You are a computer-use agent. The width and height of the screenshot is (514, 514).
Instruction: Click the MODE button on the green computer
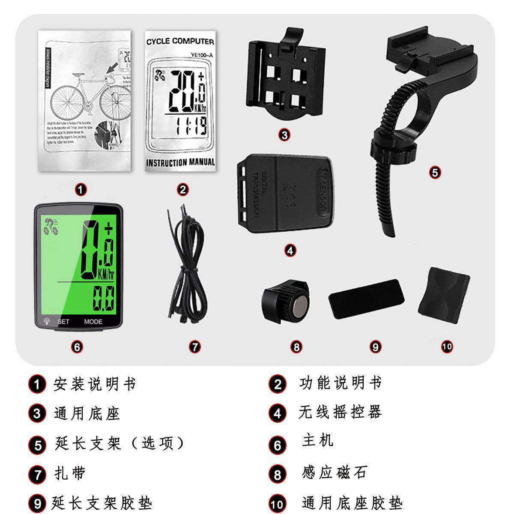[93, 321]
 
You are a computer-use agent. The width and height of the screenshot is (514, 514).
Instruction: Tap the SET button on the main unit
[63, 321]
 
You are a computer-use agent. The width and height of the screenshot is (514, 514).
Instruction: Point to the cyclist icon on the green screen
[51, 227]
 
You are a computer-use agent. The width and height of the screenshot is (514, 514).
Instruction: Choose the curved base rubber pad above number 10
[444, 291]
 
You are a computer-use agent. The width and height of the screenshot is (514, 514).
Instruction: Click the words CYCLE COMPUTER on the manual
[180, 42]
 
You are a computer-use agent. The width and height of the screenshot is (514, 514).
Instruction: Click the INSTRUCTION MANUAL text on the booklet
[180, 162]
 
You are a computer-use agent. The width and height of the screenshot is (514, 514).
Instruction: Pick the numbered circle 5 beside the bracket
[435, 173]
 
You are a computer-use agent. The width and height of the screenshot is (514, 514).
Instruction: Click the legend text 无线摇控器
[340, 412]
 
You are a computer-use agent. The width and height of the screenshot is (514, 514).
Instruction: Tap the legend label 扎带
[70, 473]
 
